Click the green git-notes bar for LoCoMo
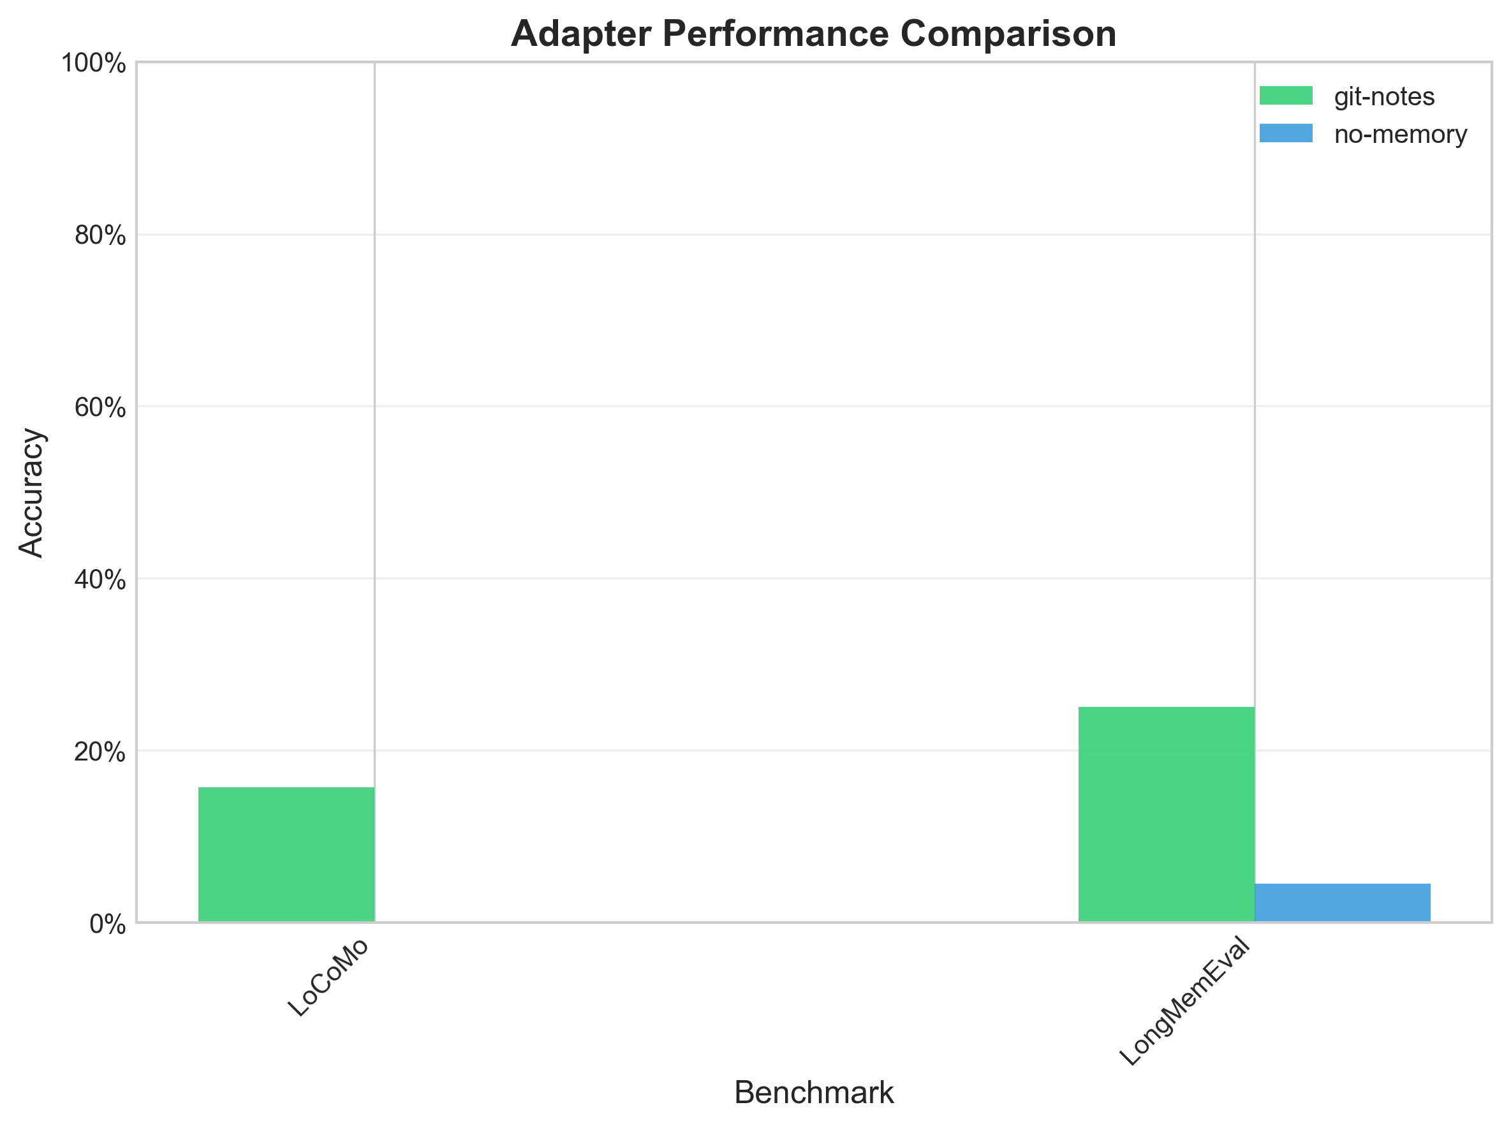click(x=286, y=854)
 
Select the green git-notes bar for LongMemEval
click(x=1166, y=814)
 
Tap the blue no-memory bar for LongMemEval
click(x=1342, y=903)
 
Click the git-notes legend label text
click(x=1384, y=97)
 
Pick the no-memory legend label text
click(x=1400, y=135)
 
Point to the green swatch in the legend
click(x=1286, y=96)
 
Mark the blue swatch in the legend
click(x=1286, y=133)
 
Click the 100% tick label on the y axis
click(x=94, y=64)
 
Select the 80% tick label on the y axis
click(x=100, y=235)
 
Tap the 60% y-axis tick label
click(x=100, y=408)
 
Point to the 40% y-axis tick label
click(x=100, y=580)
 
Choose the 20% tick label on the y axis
click(x=100, y=752)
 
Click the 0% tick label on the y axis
click(x=108, y=924)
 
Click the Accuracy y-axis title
click(x=31, y=493)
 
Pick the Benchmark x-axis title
click(x=813, y=1092)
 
